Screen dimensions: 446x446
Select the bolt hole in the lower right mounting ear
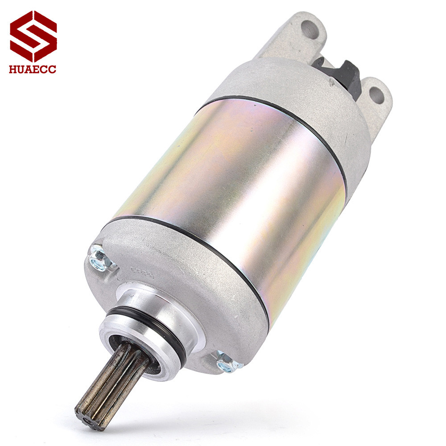pyautogui.click(x=376, y=94)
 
